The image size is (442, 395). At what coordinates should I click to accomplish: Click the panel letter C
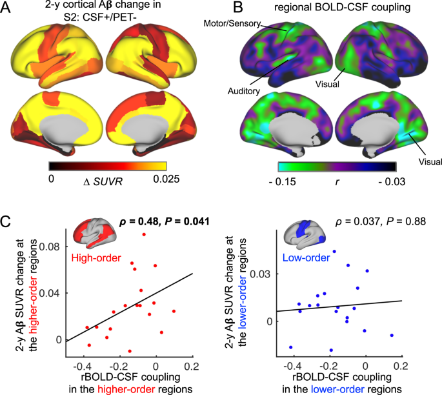9,221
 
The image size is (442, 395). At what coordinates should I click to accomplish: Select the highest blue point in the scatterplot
334,251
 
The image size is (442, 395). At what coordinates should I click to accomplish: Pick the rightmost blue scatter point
392,335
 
